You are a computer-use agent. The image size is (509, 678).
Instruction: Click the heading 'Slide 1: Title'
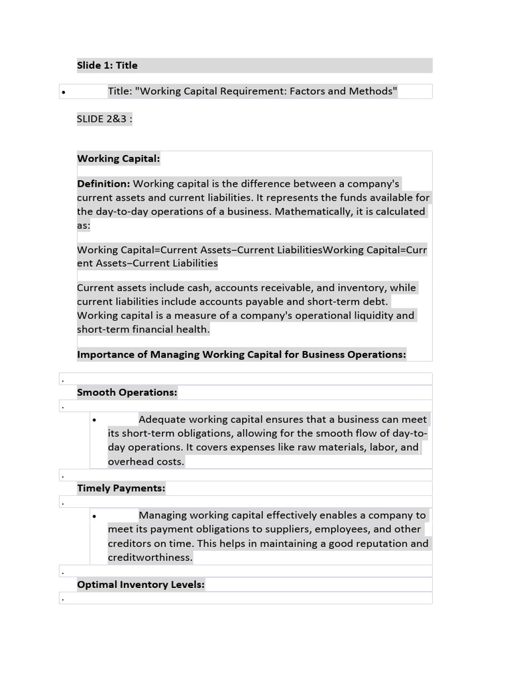coord(107,65)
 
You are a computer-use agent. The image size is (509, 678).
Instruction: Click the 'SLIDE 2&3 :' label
coord(105,119)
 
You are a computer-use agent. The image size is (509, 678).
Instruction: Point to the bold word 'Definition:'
coord(103,183)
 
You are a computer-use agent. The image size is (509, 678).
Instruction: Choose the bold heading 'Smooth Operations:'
coord(127,392)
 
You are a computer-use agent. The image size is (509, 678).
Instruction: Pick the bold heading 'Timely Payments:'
coord(121,488)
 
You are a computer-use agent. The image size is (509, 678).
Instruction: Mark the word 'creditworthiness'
coord(150,557)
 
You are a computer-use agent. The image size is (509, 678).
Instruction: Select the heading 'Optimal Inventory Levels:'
coord(141,584)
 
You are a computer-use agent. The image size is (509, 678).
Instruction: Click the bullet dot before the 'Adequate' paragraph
coord(95,420)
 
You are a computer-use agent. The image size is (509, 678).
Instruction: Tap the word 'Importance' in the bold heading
coord(105,354)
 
